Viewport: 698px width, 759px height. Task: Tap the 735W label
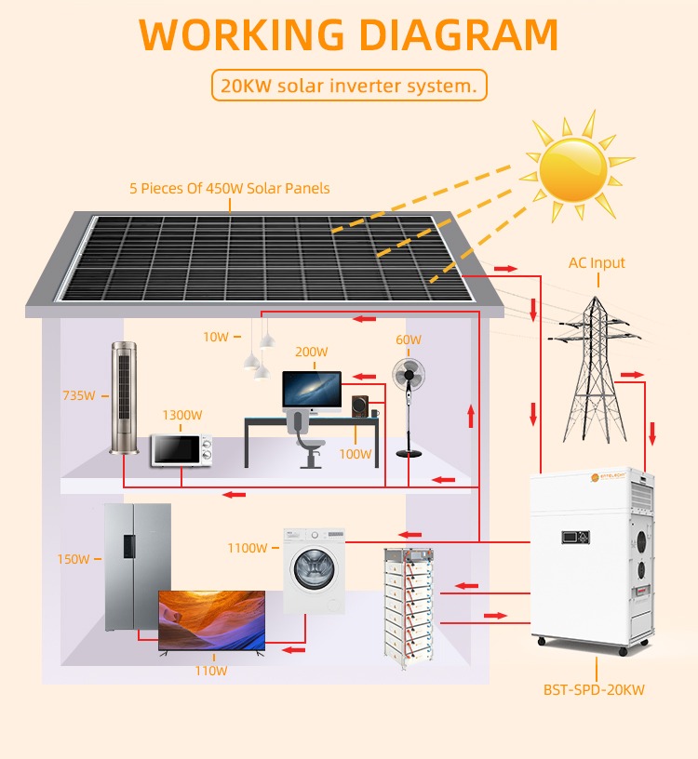[x=79, y=395]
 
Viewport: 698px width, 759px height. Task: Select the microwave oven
[x=181, y=450]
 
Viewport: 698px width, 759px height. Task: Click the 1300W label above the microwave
[x=182, y=415]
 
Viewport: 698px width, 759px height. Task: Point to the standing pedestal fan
[x=409, y=407]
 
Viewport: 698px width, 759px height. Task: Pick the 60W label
[x=409, y=340]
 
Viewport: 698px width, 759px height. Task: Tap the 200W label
[x=312, y=352]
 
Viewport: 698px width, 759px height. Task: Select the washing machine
[x=315, y=571]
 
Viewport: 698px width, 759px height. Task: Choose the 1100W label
[x=248, y=548]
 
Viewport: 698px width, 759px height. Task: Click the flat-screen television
[x=211, y=621]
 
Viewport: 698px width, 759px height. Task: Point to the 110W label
[x=211, y=671]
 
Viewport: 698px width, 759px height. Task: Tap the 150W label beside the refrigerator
[x=74, y=559]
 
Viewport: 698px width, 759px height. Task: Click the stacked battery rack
[x=409, y=607]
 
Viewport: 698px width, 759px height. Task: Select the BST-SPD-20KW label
[x=594, y=689]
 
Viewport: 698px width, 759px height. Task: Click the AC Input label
[x=597, y=263]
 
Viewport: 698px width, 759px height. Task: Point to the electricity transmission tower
[x=596, y=369]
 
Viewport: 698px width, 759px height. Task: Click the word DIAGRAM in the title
[x=459, y=34]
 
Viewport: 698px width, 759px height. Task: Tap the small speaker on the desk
[x=360, y=406]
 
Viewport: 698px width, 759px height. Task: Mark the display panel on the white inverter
[x=575, y=537]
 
